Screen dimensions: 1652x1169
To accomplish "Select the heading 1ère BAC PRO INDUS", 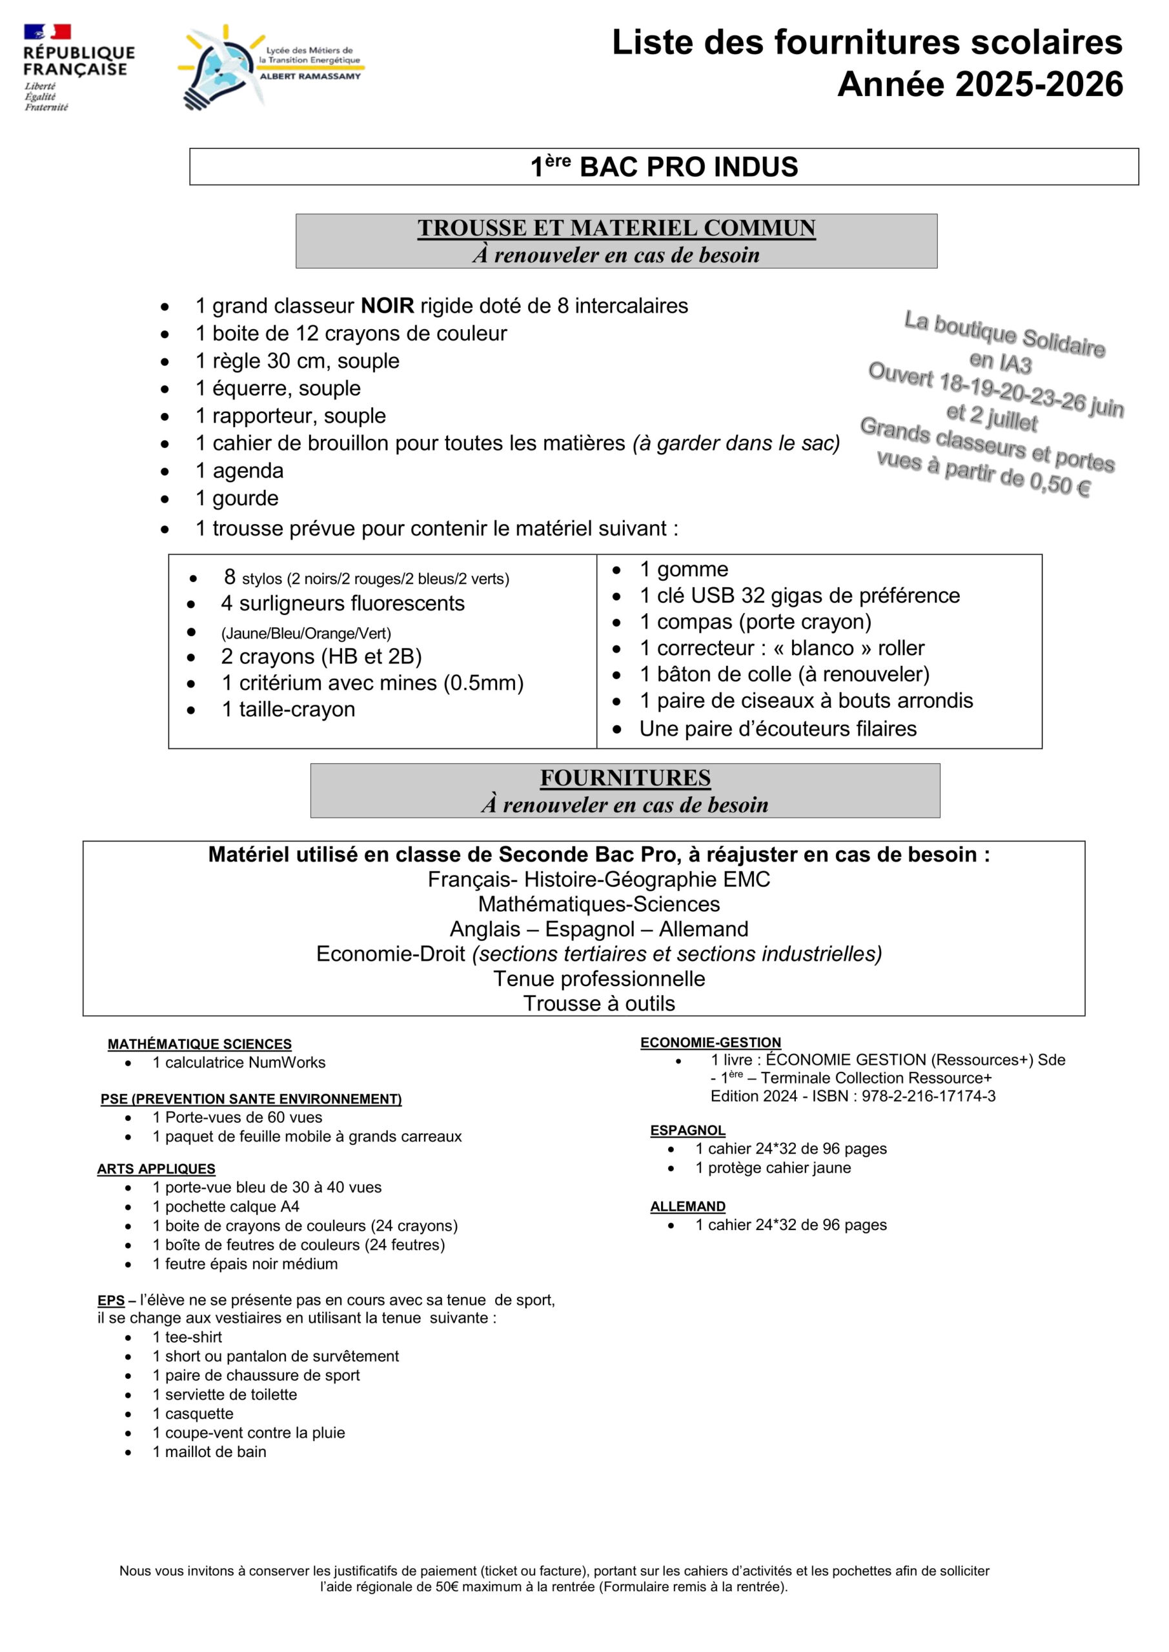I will pyautogui.click(x=664, y=167).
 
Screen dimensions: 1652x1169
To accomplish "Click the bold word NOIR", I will pyautogui.click(x=387, y=306).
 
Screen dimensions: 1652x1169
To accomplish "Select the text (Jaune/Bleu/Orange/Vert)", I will pyautogui.click(x=306, y=633).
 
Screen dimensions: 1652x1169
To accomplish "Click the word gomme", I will pyautogui.click(x=693, y=569).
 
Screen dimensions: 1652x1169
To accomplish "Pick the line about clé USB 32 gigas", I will pyautogui.click(x=799, y=595).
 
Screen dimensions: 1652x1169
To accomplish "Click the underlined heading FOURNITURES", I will pyautogui.click(x=625, y=778).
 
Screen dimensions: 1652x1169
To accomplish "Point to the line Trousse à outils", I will pyautogui.click(x=599, y=1003).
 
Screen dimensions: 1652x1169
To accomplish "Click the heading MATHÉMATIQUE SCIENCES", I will pyautogui.click(x=199, y=1043).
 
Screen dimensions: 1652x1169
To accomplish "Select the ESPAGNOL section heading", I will pyautogui.click(x=687, y=1131).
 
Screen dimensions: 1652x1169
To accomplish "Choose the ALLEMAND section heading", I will pyautogui.click(x=687, y=1206).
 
